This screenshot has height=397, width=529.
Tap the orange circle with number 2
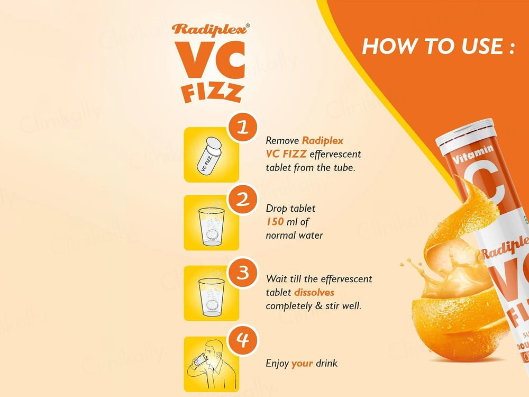point(243,200)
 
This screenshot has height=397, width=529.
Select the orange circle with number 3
point(243,273)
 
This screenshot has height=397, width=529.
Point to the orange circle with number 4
point(243,340)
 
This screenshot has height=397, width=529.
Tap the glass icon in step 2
point(211,225)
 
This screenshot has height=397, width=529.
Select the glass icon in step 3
point(211,295)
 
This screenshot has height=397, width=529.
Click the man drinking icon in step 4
point(206,365)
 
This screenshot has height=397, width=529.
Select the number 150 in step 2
point(275,222)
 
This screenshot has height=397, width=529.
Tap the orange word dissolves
point(314,292)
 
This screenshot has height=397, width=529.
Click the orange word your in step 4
point(302,364)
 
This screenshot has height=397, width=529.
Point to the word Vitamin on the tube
point(473,154)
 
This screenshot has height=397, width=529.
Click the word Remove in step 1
point(282,141)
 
